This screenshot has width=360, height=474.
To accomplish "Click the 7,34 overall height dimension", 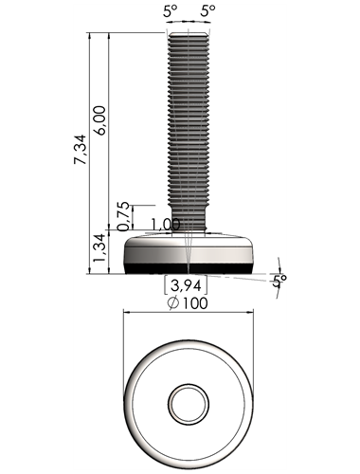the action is [80, 150].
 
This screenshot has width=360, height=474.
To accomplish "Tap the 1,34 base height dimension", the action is [99, 247].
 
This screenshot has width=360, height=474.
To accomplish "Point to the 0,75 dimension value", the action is [123, 216].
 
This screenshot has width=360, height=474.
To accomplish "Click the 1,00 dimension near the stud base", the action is [166, 225].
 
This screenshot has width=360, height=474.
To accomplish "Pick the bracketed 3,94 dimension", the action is [186, 285].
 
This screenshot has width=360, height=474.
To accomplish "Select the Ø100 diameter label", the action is [188, 303].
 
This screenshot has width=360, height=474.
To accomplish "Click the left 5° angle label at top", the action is [170, 11].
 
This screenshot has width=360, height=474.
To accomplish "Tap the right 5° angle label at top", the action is [207, 11].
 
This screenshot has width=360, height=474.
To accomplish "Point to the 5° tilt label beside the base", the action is [279, 281].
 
